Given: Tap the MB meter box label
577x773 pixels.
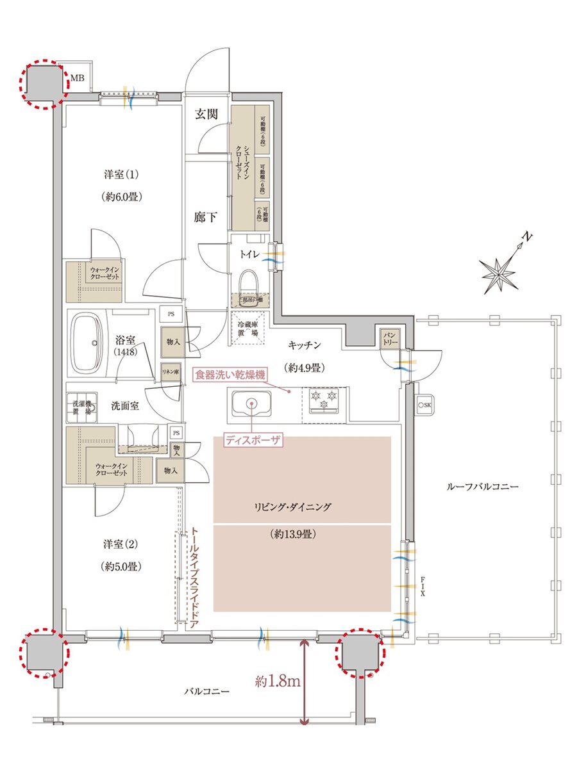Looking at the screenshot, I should click(78, 79).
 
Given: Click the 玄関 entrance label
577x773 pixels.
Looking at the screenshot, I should click(206, 115).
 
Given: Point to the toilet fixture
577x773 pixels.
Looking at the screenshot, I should click(249, 281).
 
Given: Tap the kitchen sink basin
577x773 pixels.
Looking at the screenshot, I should click(251, 404).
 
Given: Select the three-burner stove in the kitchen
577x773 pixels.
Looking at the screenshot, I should click(324, 402).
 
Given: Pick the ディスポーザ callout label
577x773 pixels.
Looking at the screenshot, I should click(251, 440).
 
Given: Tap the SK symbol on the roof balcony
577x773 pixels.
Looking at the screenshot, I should click(424, 405).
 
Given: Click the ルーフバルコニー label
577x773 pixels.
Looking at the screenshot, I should click(481, 487).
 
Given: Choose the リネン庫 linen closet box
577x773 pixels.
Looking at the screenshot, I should click(170, 372).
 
